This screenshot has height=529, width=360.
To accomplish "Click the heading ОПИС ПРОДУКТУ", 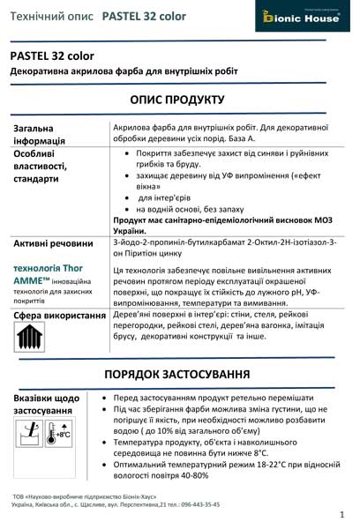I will pos(180,100).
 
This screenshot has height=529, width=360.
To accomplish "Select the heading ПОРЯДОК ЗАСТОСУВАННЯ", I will pos(180,374).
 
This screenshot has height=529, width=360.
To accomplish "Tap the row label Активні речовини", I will pos(53,243).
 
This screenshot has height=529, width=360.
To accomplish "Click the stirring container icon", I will pos(31,432).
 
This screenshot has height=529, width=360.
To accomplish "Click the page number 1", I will pos(341,513).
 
